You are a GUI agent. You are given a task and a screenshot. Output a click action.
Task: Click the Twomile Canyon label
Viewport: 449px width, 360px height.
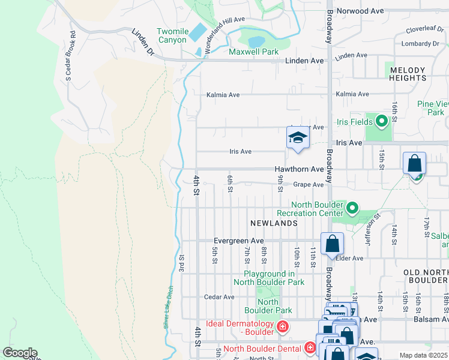pyautogui.click(x=172, y=35)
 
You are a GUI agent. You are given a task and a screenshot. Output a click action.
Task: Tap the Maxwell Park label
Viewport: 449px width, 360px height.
pyautogui.click(x=253, y=52)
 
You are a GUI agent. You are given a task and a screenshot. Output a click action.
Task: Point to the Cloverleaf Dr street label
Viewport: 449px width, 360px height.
pyautogui.click(x=423, y=29)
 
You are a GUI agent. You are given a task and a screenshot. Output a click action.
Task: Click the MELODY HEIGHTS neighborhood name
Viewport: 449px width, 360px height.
pyautogui.click(x=408, y=74)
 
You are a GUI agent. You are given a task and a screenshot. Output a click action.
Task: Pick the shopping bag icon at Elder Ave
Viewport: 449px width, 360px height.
pyautogui.click(x=332, y=244)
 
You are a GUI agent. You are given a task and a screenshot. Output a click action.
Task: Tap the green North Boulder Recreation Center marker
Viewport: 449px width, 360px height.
pyautogui.click(x=352, y=209)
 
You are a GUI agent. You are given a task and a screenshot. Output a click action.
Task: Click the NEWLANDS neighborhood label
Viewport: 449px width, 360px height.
pyautogui.click(x=274, y=223)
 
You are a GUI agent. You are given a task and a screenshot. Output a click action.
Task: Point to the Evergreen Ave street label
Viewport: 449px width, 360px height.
pyautogui.click(x=239, y=241)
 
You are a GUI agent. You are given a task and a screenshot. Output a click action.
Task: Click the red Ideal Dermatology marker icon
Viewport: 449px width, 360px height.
pyautogui.click(x=282, y=327)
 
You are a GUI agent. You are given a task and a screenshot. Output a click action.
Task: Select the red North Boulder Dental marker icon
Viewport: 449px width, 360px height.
pyautogui.click(x=310, y=347)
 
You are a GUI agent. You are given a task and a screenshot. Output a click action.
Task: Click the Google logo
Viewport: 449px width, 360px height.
pyautogui.click(x=20, y=353)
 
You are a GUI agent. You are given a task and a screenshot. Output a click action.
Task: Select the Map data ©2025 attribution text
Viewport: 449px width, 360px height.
pyautogui.click(x=423, y=355)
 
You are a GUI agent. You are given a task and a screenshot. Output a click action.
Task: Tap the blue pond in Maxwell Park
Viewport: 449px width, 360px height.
pyautogui.click(x=256, y=41)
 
